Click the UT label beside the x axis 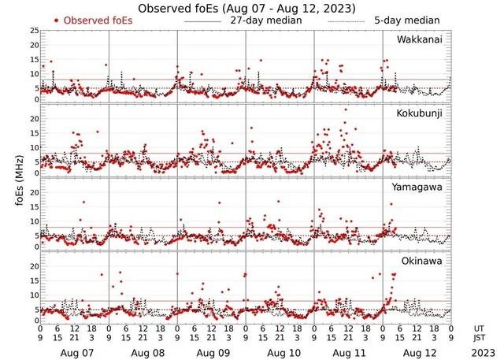(479, 328)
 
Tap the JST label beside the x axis (480, 337)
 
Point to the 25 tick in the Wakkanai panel (34, 31)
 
